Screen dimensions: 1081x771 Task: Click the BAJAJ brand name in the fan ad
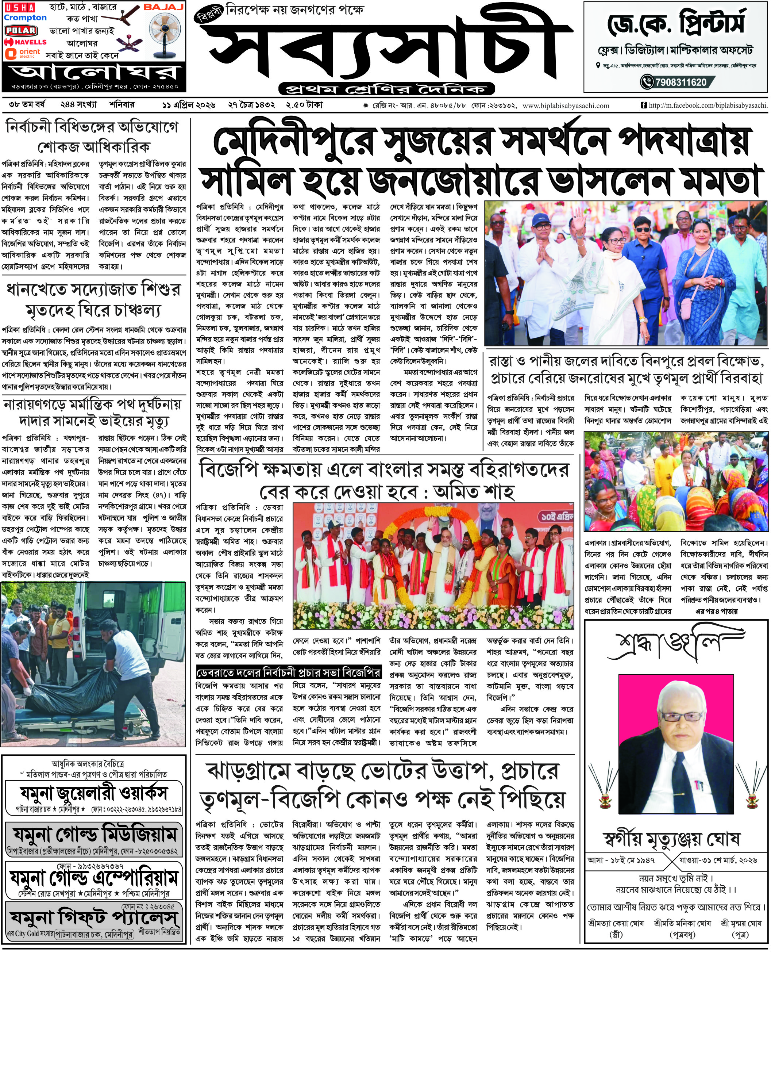coord(163,8)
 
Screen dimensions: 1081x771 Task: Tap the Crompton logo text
coord(25,18)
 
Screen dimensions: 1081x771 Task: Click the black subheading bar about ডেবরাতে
coord(289,672)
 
